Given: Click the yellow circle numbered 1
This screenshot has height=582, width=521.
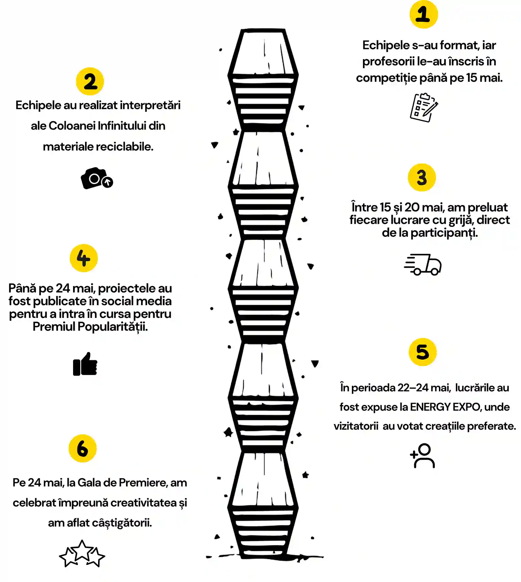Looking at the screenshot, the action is pos(424,14).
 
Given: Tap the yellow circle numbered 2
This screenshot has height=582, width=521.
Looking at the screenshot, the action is pos(90,81).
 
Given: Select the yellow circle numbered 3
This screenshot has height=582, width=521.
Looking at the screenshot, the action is pos(422,177).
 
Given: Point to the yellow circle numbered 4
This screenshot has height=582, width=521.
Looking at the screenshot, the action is pos(84,258).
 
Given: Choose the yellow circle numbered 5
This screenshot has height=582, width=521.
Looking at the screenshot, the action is pos(423,352).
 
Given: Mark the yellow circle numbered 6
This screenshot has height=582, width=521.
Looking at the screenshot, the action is pos(83,448).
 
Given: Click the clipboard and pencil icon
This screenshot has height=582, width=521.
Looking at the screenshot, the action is pos(424,108).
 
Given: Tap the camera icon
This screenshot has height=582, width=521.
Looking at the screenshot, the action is pos(97,178).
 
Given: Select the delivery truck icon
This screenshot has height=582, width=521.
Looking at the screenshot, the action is pos(423,264).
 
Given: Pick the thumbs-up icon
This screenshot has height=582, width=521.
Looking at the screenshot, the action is pos(85,364).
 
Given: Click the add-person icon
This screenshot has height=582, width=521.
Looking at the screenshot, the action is pos(423,455).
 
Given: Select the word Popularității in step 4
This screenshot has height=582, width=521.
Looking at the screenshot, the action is pos(112,327).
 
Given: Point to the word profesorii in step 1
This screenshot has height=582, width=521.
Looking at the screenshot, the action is pos(388,61).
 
